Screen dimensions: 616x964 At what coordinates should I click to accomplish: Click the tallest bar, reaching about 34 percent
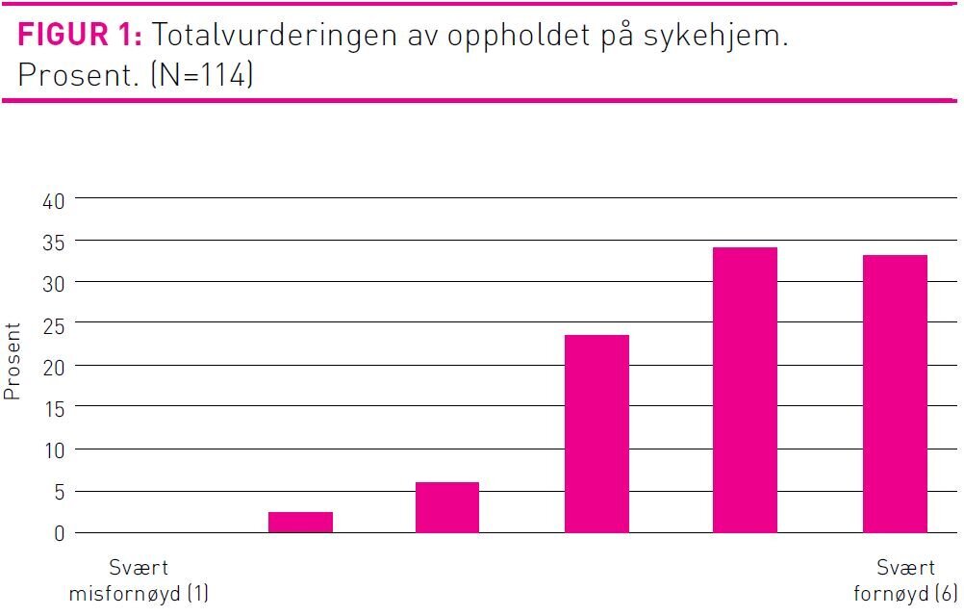point(745,390)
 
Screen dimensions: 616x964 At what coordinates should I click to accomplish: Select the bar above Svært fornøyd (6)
point(895,394)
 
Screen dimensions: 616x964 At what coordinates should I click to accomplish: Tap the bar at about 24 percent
point(596,433)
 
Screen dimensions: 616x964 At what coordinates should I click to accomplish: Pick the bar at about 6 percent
point(447,507)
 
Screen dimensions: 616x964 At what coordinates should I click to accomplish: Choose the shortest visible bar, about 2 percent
point(300,522)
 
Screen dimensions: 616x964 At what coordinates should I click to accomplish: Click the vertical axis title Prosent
point(13,362)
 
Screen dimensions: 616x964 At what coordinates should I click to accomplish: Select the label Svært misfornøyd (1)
point(139,580)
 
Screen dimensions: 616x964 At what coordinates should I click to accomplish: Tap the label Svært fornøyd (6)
point(905,580)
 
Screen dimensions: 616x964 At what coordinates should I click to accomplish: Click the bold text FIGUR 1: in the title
point(81,37)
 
